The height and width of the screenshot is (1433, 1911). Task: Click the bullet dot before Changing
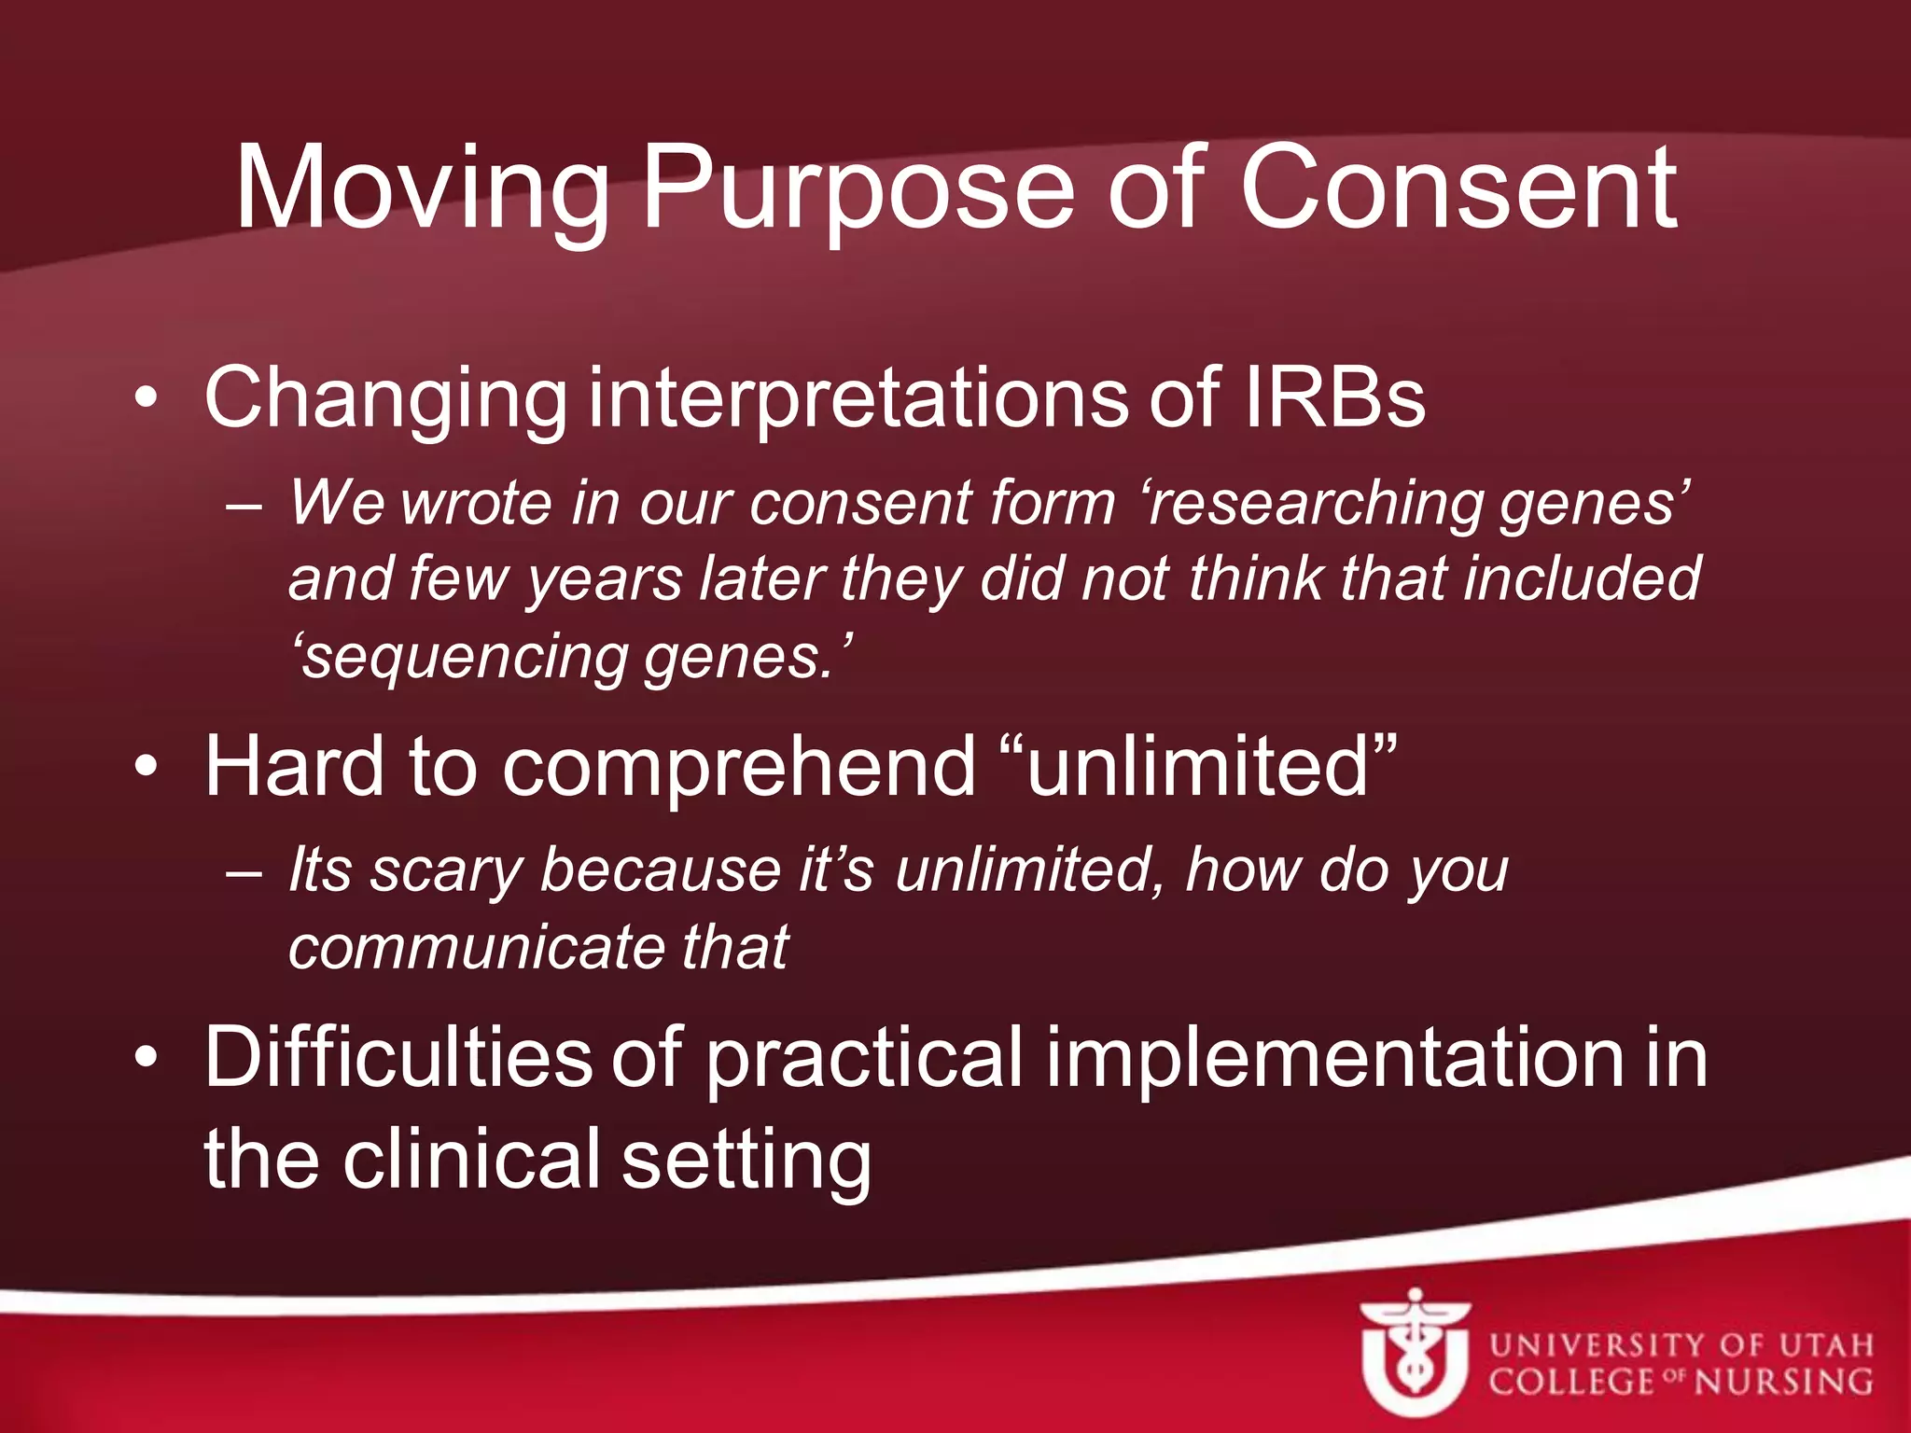(x=146, y=399)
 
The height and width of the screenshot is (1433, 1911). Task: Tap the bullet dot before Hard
(x=146, y=767)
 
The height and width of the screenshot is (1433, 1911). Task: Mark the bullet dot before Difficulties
(x=146, y=1058)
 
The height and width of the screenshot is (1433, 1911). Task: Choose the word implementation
(x=1334, y=1058)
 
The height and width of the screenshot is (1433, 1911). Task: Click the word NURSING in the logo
(x=1782, y=1382)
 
